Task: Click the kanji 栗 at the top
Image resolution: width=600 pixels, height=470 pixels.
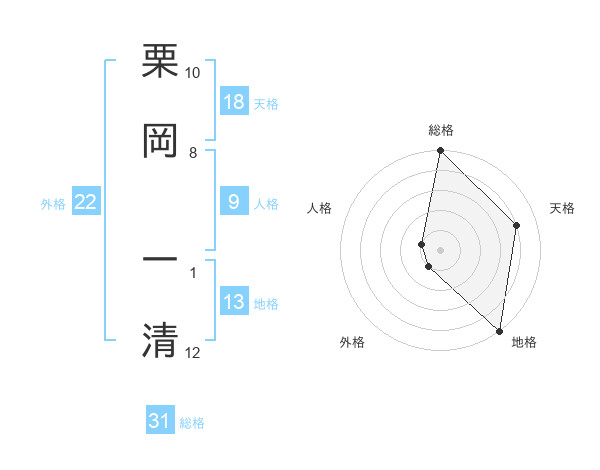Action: click(x=160, y=62)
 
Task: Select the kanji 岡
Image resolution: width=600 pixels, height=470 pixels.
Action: click(x=160, y=141)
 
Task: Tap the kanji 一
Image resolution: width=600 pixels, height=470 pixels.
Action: click(x=160, y=259)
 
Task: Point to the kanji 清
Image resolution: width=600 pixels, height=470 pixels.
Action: click(x=160, y=339)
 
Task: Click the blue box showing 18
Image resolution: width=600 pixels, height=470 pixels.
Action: click(x=234, y=103)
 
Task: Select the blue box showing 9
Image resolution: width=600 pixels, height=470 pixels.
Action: click(x=234, y=202)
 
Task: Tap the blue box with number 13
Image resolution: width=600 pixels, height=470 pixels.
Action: click(x=234, y=302)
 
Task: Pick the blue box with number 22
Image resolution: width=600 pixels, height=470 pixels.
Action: click(x=86, y=202)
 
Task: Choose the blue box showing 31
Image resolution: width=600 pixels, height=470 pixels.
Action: click(x=160, y=421)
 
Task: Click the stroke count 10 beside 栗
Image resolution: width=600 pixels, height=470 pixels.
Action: click(x=193, y=73)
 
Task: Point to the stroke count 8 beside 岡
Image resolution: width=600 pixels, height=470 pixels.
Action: click(x=193, y=152)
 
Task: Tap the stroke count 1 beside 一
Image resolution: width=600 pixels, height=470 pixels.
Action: click(x=193, y=271)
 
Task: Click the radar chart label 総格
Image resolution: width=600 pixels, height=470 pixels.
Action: click(x=441, y=130)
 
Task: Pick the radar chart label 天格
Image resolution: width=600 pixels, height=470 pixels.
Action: click(x=562, y=208)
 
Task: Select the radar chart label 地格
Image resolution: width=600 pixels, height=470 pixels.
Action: click(x=524, y=342)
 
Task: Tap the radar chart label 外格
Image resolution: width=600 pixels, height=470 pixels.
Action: click(x=352, y=342)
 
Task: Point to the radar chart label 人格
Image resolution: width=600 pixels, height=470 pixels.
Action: click(x=319, y=208)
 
